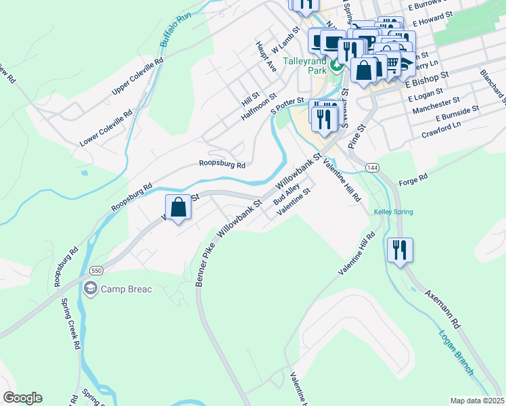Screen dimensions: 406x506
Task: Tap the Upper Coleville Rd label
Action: point(139,75)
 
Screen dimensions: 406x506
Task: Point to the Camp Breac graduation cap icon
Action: point(90,289)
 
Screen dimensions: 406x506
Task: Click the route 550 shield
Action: point(97,269)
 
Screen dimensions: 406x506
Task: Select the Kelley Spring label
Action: point(393,212)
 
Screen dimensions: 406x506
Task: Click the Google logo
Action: point(22,398)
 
